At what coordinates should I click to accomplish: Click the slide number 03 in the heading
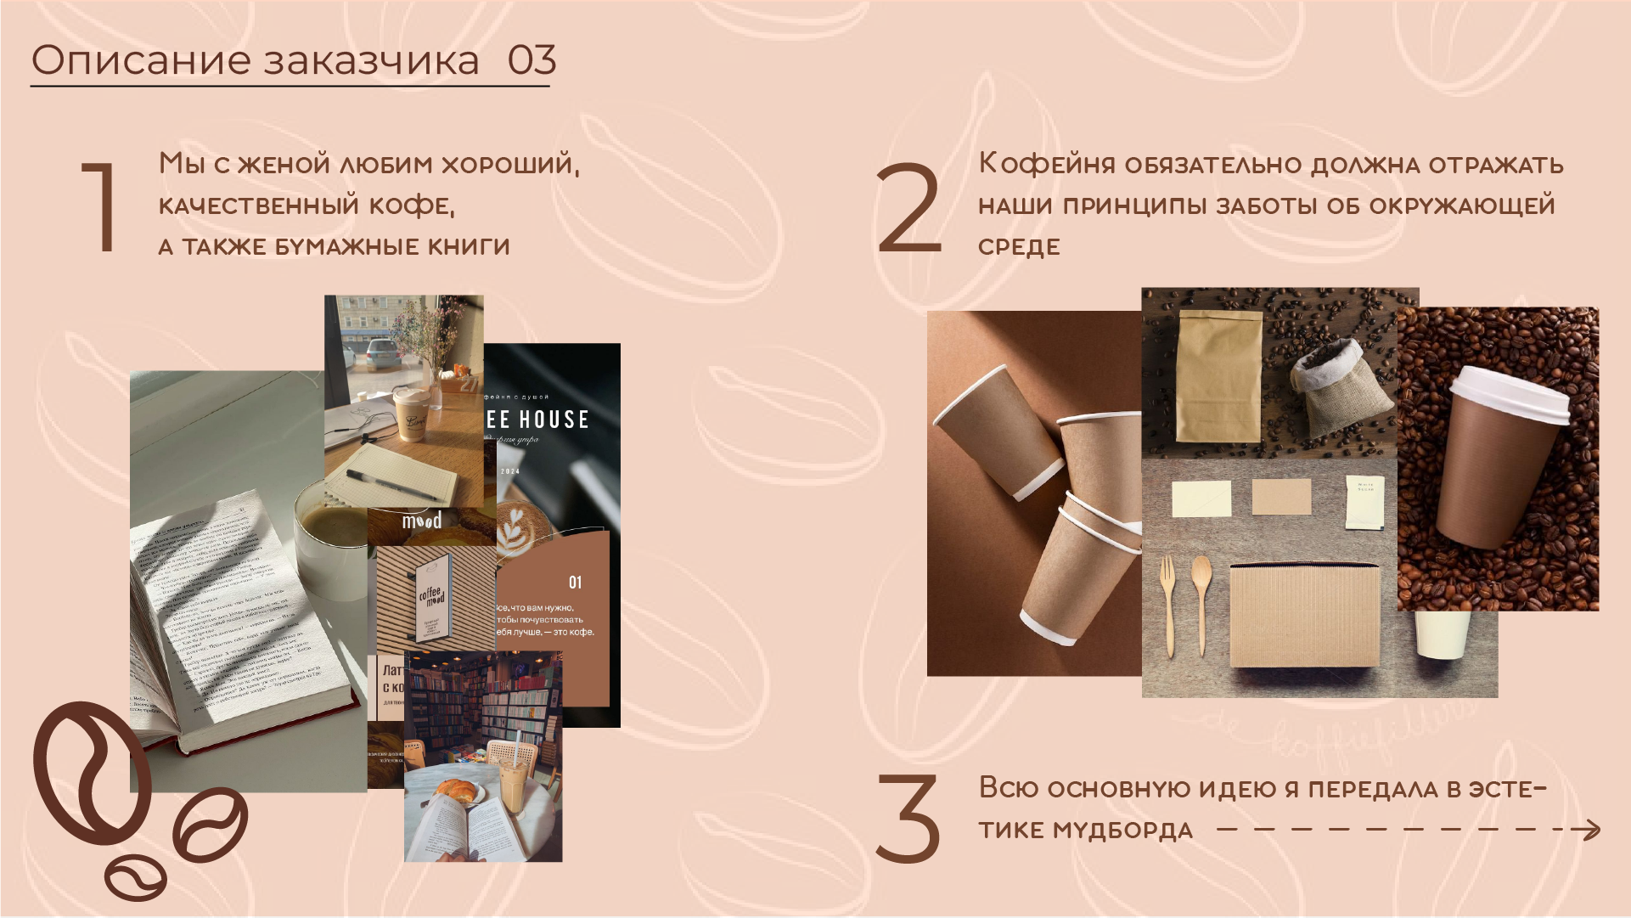click(531, 60)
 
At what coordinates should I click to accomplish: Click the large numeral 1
click(100, 206)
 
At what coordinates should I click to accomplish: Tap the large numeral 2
click(908, 208)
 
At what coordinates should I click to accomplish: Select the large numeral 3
click(907, 817)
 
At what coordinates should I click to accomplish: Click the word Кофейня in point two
click(1046, 164)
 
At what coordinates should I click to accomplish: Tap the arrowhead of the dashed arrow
click(1591, 830)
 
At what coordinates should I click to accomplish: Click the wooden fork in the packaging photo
click(1168, 605)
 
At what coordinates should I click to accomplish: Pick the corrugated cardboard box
click(1303, 616)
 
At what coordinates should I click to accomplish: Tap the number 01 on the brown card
click(575, 583)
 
